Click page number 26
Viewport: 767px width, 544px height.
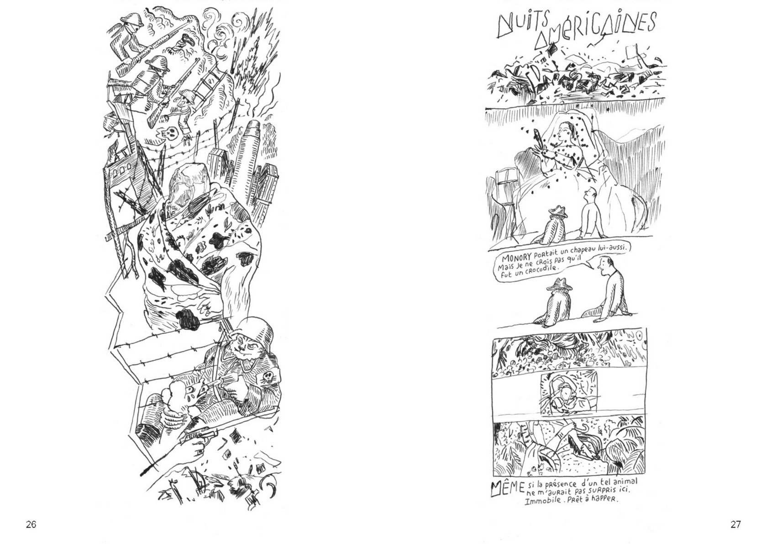(x=31, y=524)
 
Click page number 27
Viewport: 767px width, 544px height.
(x=736, y=524)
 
